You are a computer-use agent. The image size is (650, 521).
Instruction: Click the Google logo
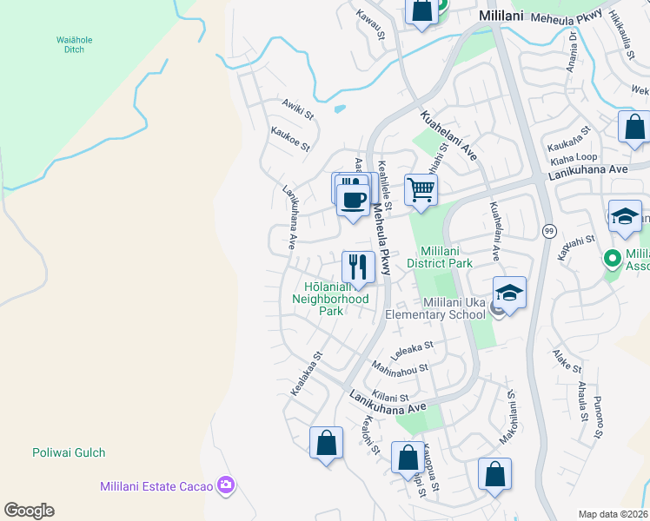click(x=29, y=511)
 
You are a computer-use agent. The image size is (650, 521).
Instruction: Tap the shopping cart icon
click(x=421, y=189)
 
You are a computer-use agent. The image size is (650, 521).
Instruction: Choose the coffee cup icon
click(x=352, y=199)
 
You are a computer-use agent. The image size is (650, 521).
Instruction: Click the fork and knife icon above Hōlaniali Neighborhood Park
click(x=358, y=265)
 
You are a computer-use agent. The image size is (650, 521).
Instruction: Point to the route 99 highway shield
click(x=548, y=230)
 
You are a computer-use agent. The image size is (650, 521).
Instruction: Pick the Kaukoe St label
click(x=290, y=140)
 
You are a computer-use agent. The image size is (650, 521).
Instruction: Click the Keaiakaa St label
click(x=308, y=373)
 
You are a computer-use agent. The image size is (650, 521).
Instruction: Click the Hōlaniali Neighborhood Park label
click(x=336, y=298)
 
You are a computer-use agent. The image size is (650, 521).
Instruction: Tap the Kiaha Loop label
click(x=574, y=159)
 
